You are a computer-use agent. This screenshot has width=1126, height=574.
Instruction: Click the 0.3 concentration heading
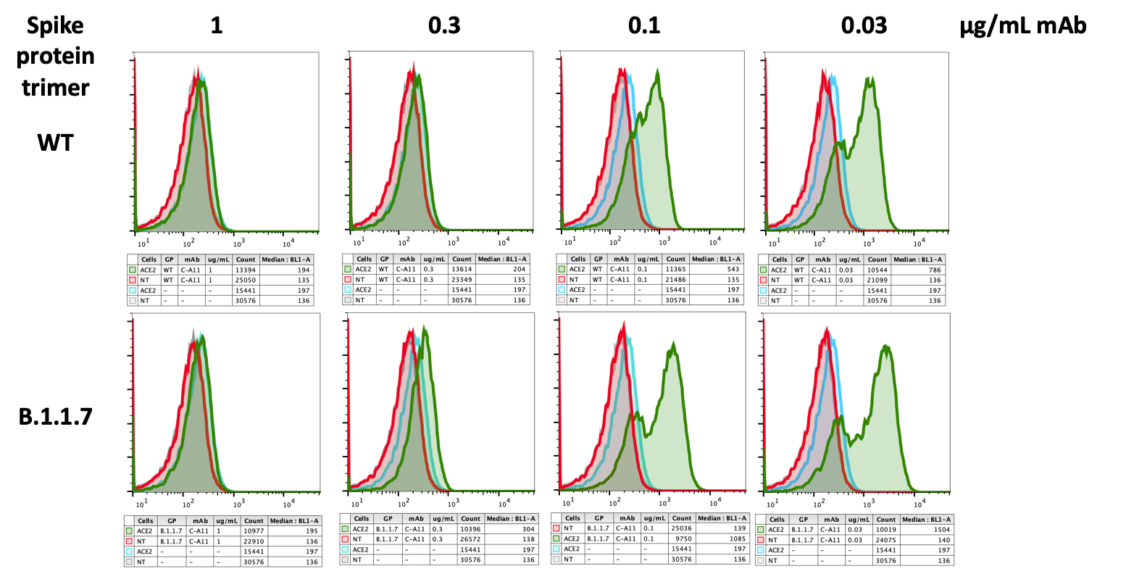443,26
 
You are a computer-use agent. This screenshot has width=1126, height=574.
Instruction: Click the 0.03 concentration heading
864,26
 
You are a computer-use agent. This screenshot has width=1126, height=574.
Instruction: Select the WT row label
56,142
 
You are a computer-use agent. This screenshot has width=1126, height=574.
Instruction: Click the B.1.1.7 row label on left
56,416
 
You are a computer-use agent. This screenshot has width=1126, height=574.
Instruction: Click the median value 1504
943,530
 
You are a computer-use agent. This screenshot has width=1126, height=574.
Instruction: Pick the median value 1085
738,538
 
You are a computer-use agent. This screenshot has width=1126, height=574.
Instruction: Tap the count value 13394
246,270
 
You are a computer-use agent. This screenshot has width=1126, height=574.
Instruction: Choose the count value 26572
470,539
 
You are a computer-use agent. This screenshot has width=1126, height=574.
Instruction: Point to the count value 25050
246,280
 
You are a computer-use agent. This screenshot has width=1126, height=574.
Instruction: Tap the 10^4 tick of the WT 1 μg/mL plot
288,241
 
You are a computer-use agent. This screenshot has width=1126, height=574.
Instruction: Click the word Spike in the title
55,26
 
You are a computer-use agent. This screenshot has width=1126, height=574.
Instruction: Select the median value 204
519,269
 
